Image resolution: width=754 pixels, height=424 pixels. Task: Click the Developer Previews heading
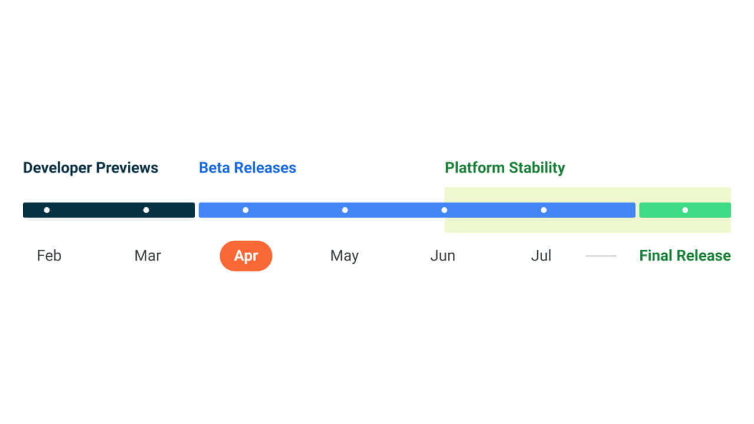pyautogui.click(x=91, y=168)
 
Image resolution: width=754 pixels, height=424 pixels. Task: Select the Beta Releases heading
pyautogui.click(x=247, y=168)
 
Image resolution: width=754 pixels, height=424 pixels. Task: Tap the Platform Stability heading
pyautogui.click(x=505, y=168)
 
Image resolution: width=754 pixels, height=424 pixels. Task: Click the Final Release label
pyautogui.click(x=685, y=256)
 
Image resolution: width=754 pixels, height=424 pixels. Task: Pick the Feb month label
pyautogui.click(x=49, y=256)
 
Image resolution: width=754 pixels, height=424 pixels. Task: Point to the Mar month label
pyautogui.click(x=147, y=256)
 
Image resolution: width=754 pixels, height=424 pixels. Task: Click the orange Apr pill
pyautogui.click(x=246, y=256)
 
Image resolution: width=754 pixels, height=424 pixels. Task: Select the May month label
pyautogui.click(x=345, y=256)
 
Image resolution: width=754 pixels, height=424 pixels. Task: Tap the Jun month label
pyautogui.click(x=443, y=256)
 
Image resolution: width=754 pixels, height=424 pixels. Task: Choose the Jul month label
pyautogui.click(x=541, y=256)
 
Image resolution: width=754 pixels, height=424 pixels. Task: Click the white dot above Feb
pyautogui.click(x=47, y=210)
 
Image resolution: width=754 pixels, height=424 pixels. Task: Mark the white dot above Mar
pyautogui.click(x=146, y=210)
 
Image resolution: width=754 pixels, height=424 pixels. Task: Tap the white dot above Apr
pyautogui.click(x=246, y=210)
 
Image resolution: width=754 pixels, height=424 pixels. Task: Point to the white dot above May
pyautogui.click(x=345, y=210)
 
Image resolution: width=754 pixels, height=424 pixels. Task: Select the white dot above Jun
pyautogui.click(x=444, y=210)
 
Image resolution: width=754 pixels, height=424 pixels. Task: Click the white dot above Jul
pyautogui.click(x=544, y=210)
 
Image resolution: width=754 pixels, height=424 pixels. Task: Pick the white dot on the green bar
pyautogui.click(x=685, y=210)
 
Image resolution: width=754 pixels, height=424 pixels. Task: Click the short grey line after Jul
pyautogui.click(x=601, y=256)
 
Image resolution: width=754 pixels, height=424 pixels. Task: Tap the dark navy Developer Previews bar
pyautogui.click(x=94, y=210)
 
